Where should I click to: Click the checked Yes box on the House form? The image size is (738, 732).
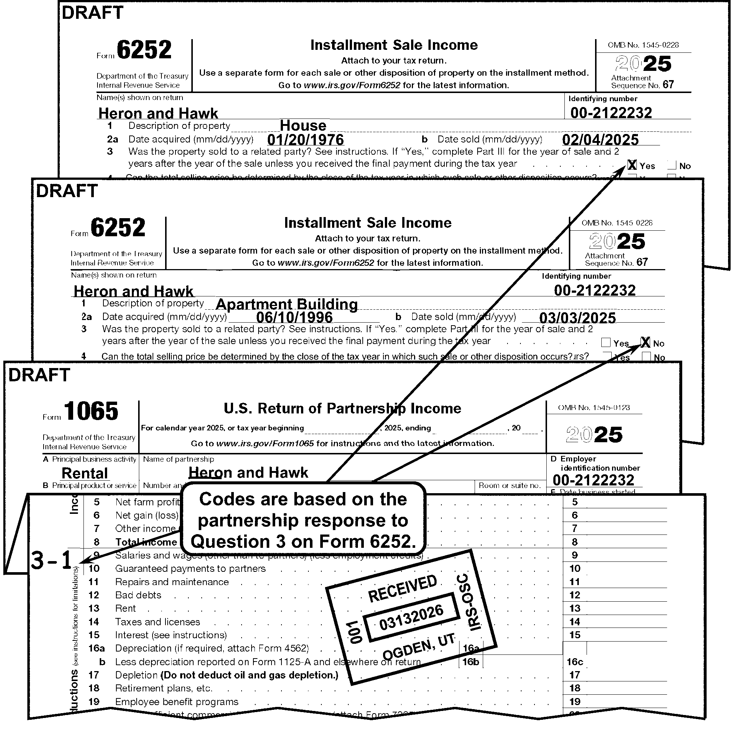(x=632, y=165)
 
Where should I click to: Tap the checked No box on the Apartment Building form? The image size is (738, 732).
(x=645, y=342)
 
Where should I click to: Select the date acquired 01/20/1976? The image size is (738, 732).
(x=305, y=140)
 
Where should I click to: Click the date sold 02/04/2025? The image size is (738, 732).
(x=601, y=140)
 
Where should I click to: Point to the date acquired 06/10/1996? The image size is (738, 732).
(x=294, y=317)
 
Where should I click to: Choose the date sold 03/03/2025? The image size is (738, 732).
(x=578, y=318)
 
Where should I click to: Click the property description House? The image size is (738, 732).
(x=303, y=126)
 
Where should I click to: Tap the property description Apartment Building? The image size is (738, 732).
(x=287, y=304)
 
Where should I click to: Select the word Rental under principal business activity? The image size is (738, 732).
(x=85, y=473)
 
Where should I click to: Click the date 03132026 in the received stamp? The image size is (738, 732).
(x=411, y=618)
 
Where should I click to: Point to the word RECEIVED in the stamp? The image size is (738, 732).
(x=402, y=588)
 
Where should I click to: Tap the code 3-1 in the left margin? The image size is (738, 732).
(x=51, y=561)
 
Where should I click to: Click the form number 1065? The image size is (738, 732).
(x=91, y=411)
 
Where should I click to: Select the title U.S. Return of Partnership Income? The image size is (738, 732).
(x=342, y=409)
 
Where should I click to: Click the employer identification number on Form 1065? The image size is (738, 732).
(x=593, y=480)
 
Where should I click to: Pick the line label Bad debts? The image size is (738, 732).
(x=138, y=595)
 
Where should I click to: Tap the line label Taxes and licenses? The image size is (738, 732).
(x=157, y=622)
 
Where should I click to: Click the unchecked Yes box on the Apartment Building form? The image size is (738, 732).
(x=605, y=343)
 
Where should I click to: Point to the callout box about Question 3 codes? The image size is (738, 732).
(x=303, y=520)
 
